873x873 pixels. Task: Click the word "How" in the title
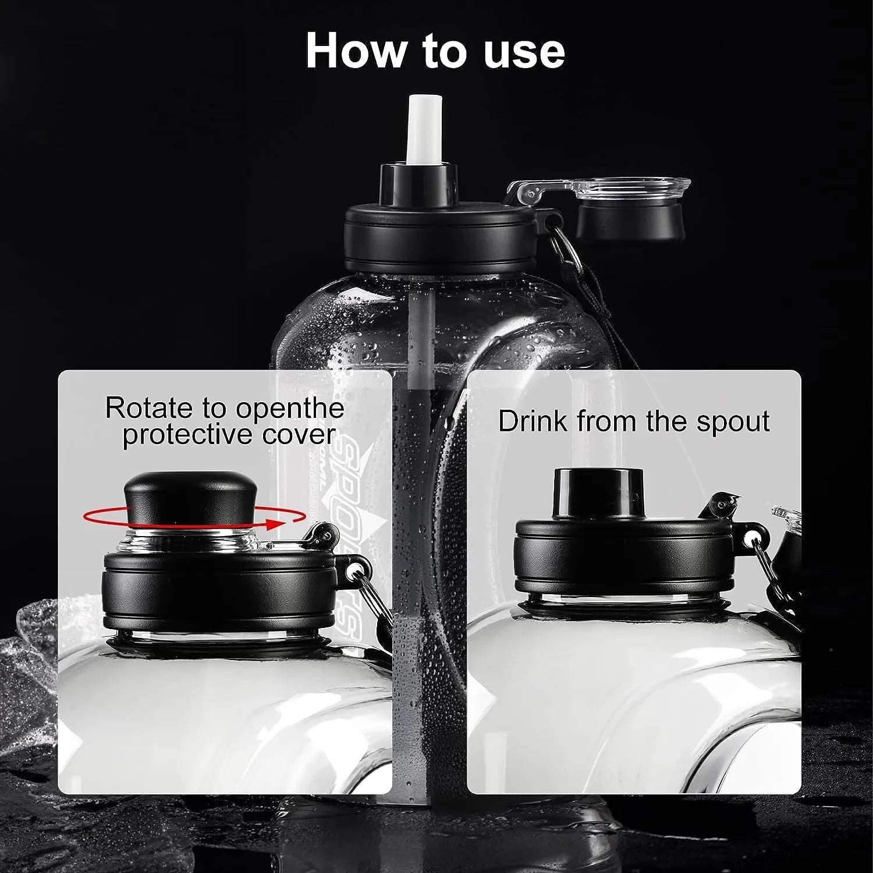355,51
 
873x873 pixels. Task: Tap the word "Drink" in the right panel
532,421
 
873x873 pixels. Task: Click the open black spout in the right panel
598,492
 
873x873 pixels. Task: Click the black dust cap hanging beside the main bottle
630,221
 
